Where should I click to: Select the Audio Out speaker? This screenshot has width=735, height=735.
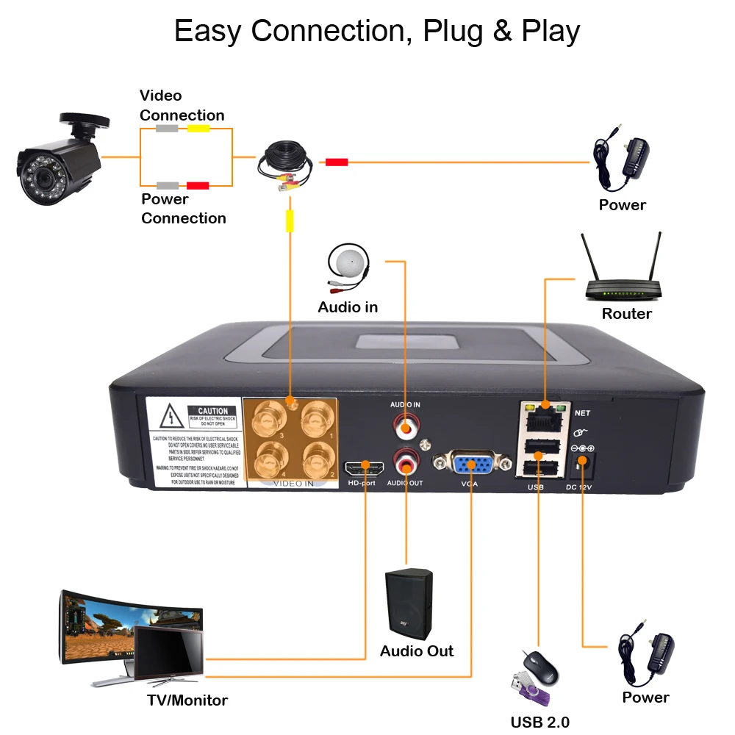pos(409,604)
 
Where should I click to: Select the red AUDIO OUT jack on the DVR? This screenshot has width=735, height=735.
pos(406,461)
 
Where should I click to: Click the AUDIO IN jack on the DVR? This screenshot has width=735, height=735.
pos(406,426)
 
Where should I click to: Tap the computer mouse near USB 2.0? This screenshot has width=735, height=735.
pos(542,666)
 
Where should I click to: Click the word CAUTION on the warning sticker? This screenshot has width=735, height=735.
pos(212,412)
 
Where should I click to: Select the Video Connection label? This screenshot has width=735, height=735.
pos(182,105)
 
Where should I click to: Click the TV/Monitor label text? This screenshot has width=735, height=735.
pos(187,700)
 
